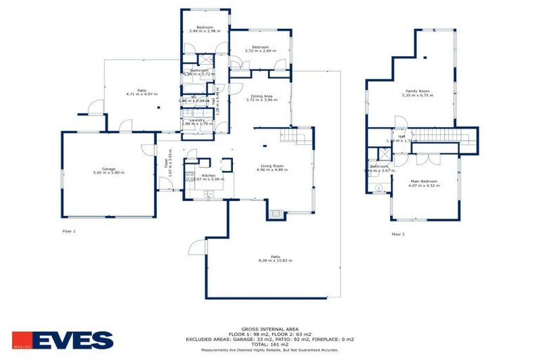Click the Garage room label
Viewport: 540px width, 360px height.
tap(108, 168)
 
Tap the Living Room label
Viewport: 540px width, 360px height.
tap(270, 166)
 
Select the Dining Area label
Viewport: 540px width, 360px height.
tap(261, 96)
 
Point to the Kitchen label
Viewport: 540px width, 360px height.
tap(208, 175)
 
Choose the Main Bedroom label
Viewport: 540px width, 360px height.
tap(424, 181)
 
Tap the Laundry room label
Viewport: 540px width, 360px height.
tap(197, 120)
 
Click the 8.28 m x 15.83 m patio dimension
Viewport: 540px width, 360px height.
tap(270, 261)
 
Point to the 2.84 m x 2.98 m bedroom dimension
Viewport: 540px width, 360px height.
tap(205, 31)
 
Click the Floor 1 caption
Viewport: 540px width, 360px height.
tap(68, 231)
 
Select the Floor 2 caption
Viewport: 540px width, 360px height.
tap(398, 233)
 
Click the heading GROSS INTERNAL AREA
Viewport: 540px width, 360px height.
tap(270, 328)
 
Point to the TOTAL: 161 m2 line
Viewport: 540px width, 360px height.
tap(270, 344)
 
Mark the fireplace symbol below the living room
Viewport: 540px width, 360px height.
tap(276, 213)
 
